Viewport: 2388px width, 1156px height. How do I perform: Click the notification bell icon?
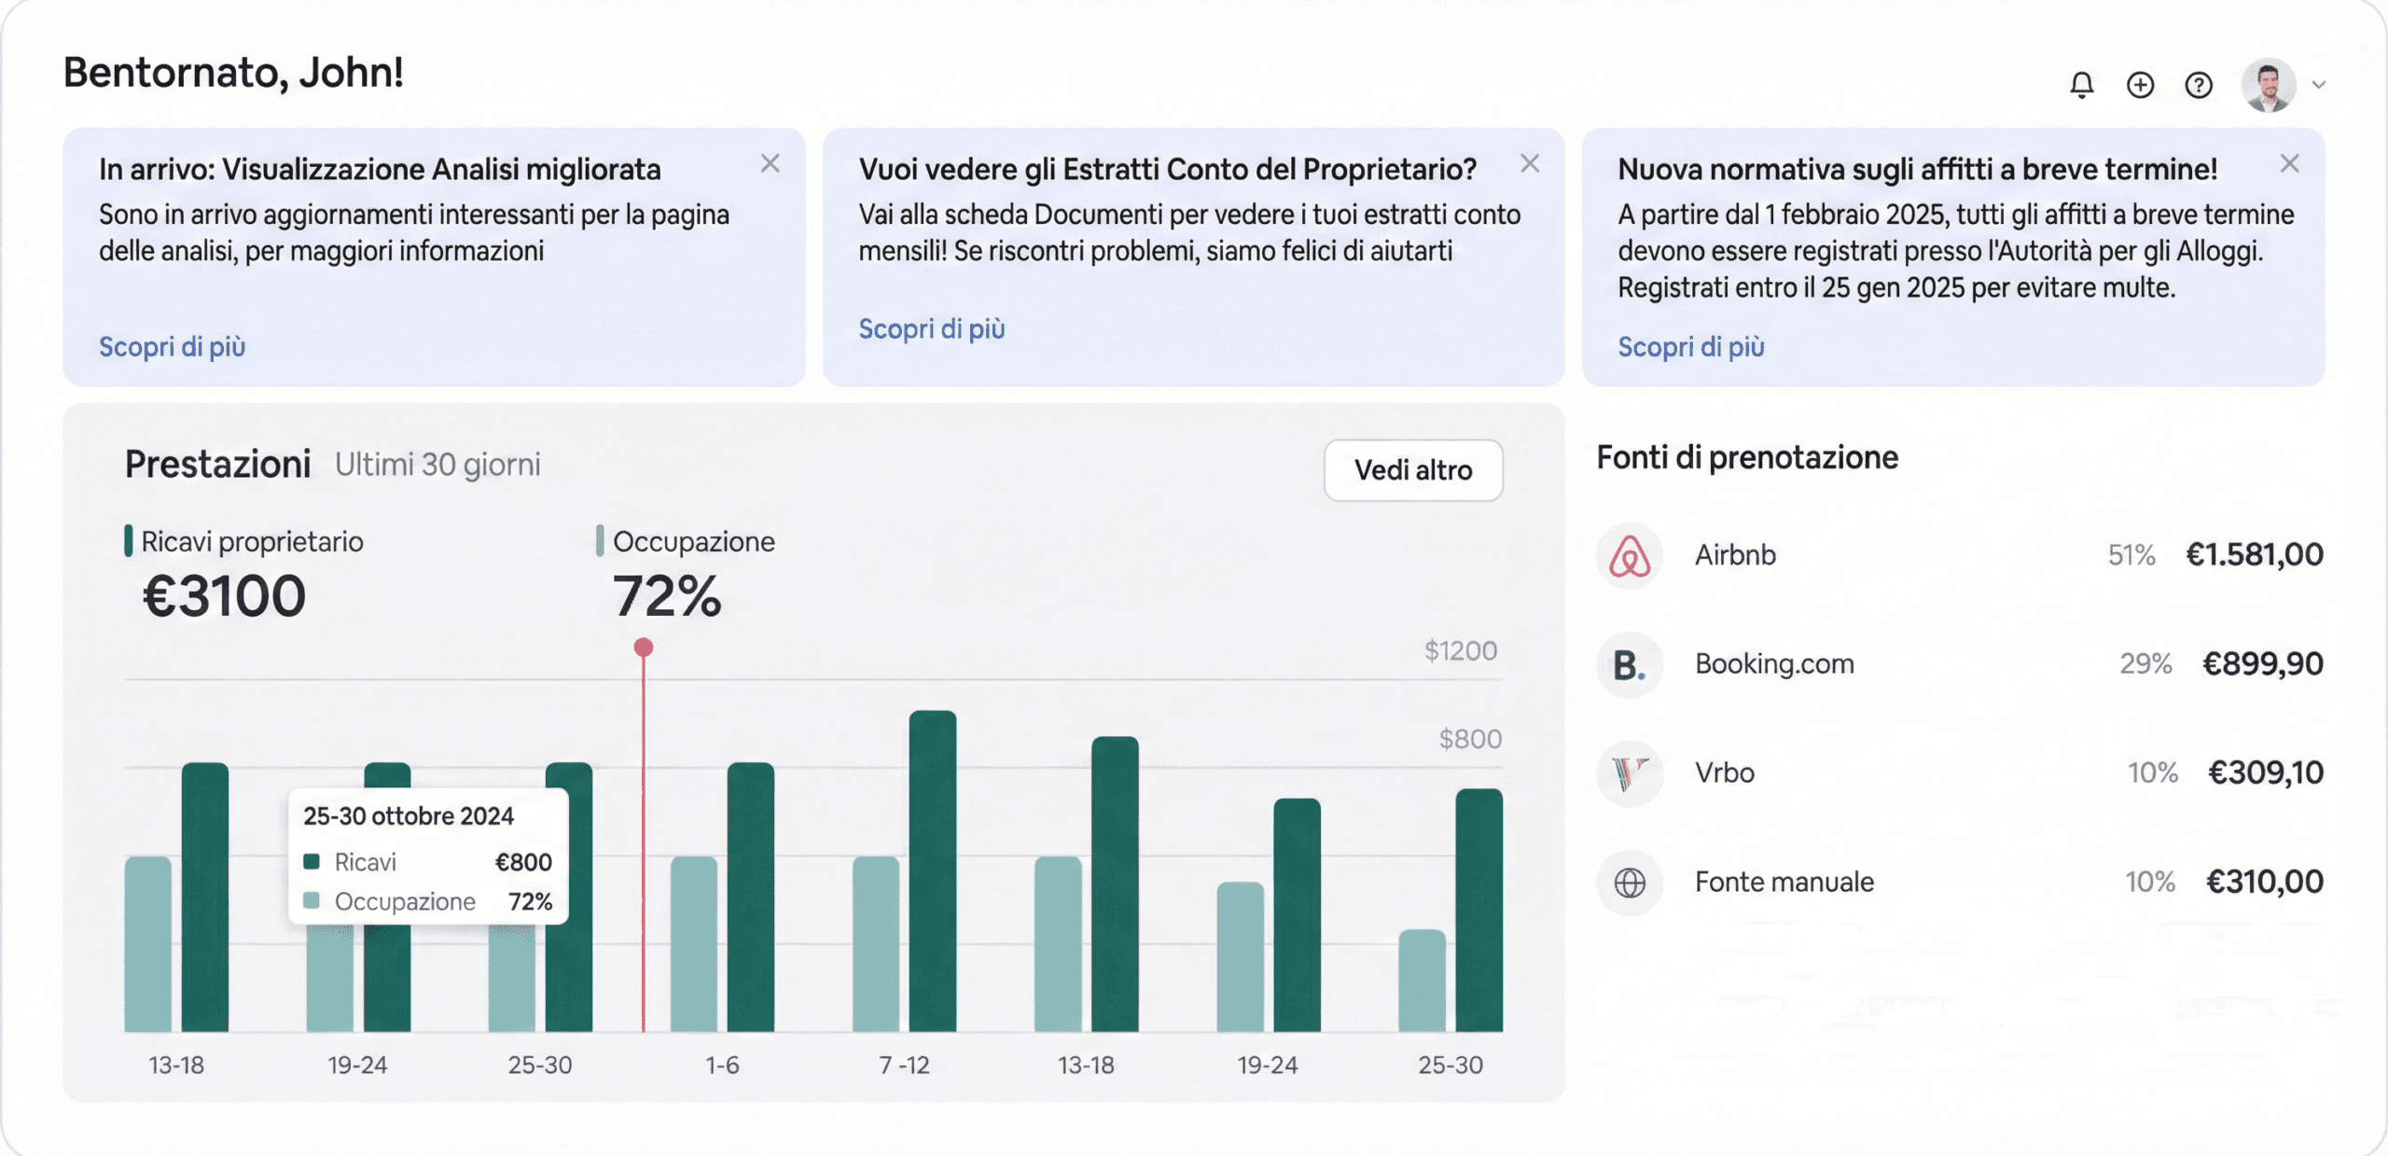tap(2081, 85)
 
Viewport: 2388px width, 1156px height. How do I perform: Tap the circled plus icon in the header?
tap(2140, 85)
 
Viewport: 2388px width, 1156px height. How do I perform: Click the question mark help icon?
tap(2199, 85)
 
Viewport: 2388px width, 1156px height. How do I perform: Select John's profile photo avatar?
tap(2269, 85)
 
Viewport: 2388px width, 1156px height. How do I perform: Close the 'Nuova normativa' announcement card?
tap(2289, 163)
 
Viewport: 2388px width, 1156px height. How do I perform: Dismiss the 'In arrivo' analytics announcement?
tap(770, 163)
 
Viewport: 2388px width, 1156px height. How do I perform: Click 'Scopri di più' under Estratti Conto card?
tap(931, 328)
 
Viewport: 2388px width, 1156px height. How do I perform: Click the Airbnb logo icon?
tap(1630, 556)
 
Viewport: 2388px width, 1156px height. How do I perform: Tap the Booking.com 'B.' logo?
tap(1629, 665)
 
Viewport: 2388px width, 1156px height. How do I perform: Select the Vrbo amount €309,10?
tap(2265, 773)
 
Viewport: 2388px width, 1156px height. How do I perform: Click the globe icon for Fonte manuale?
tap(1630, 882)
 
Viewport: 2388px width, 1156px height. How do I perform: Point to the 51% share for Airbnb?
tap(2131, 555)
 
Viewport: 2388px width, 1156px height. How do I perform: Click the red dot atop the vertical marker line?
tap(644, 647)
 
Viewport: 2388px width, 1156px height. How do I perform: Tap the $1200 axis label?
tap(1460, 650)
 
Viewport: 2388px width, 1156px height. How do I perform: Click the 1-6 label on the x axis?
tap(722, 1065)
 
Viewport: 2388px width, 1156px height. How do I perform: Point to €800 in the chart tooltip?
tap(523, 862)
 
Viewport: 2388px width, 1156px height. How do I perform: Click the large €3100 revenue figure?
tap(224, 596)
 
